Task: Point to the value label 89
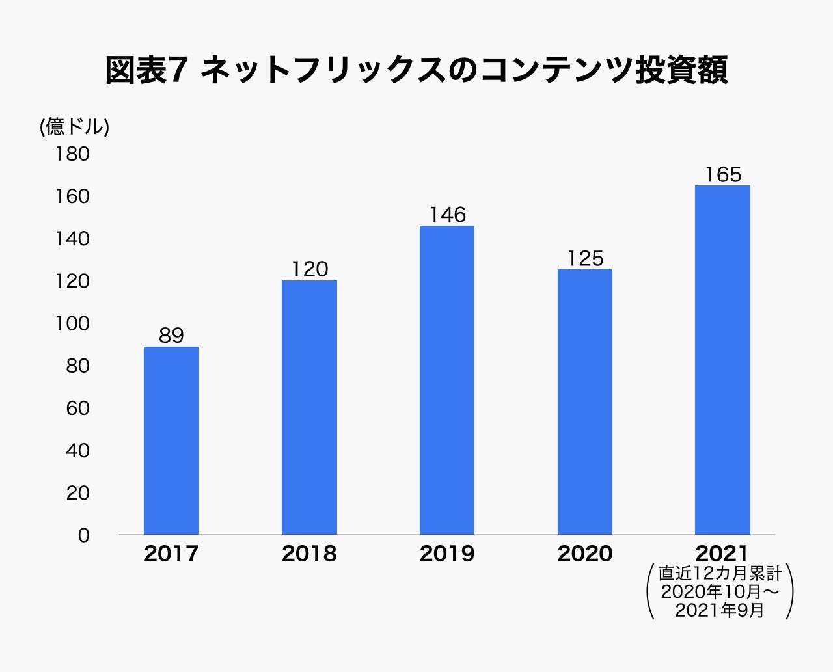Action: [x=171, y=336]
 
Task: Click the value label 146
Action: [x=447, y=215]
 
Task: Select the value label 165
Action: [x=722, y=174]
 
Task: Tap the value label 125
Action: [x=585, y=258]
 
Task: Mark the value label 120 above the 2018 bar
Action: [x=309, y=269]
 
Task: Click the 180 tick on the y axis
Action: [x=72, y=154]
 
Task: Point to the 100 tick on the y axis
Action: [x=72, y=323]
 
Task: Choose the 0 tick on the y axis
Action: [x=83, y=535]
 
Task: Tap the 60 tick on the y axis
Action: [x=77, y=408]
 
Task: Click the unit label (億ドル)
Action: [x=74, y=126]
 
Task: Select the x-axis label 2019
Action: [x=447, y=554]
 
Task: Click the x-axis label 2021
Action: [x=722, y=554]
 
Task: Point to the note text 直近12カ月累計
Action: [x=720, y=573]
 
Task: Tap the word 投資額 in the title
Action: [x=681, y=70]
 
